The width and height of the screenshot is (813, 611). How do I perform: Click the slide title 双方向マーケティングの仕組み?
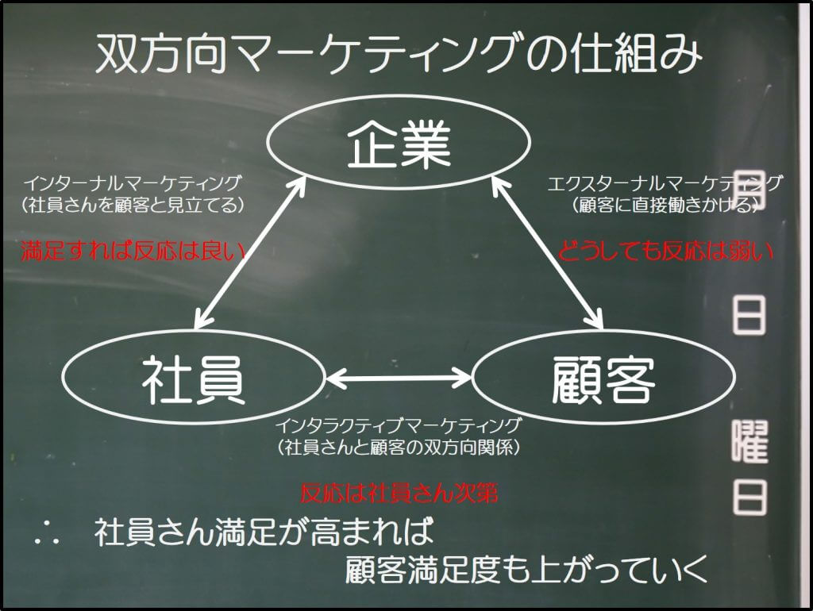(x=399, y=53)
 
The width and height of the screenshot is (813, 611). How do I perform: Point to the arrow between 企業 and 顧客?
(x=547, y=252)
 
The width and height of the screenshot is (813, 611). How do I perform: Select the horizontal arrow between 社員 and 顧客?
(x=399, y=377)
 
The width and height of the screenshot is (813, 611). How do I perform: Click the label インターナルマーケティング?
(x=133, y=183)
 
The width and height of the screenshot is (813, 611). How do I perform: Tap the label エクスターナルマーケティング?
(x=665, y=183)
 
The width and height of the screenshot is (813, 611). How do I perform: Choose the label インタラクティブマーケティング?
(x=398, y=425)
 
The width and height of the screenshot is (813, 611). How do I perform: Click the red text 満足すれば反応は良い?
(x=133, y=252)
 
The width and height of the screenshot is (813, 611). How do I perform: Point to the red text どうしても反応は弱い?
(x=665, y=252)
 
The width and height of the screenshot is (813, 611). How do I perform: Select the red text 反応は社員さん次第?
(x=399, y=494)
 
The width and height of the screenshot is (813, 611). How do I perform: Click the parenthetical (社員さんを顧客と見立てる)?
(x=133, y=206)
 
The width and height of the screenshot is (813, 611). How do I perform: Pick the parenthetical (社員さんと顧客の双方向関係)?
(x=399, y=448)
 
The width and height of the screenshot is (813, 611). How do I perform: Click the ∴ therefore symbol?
(x=47, y=534)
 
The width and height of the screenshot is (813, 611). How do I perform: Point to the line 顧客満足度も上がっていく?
(x=526, y=569)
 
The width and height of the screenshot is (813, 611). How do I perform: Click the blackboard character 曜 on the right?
(x=750, y=441)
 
